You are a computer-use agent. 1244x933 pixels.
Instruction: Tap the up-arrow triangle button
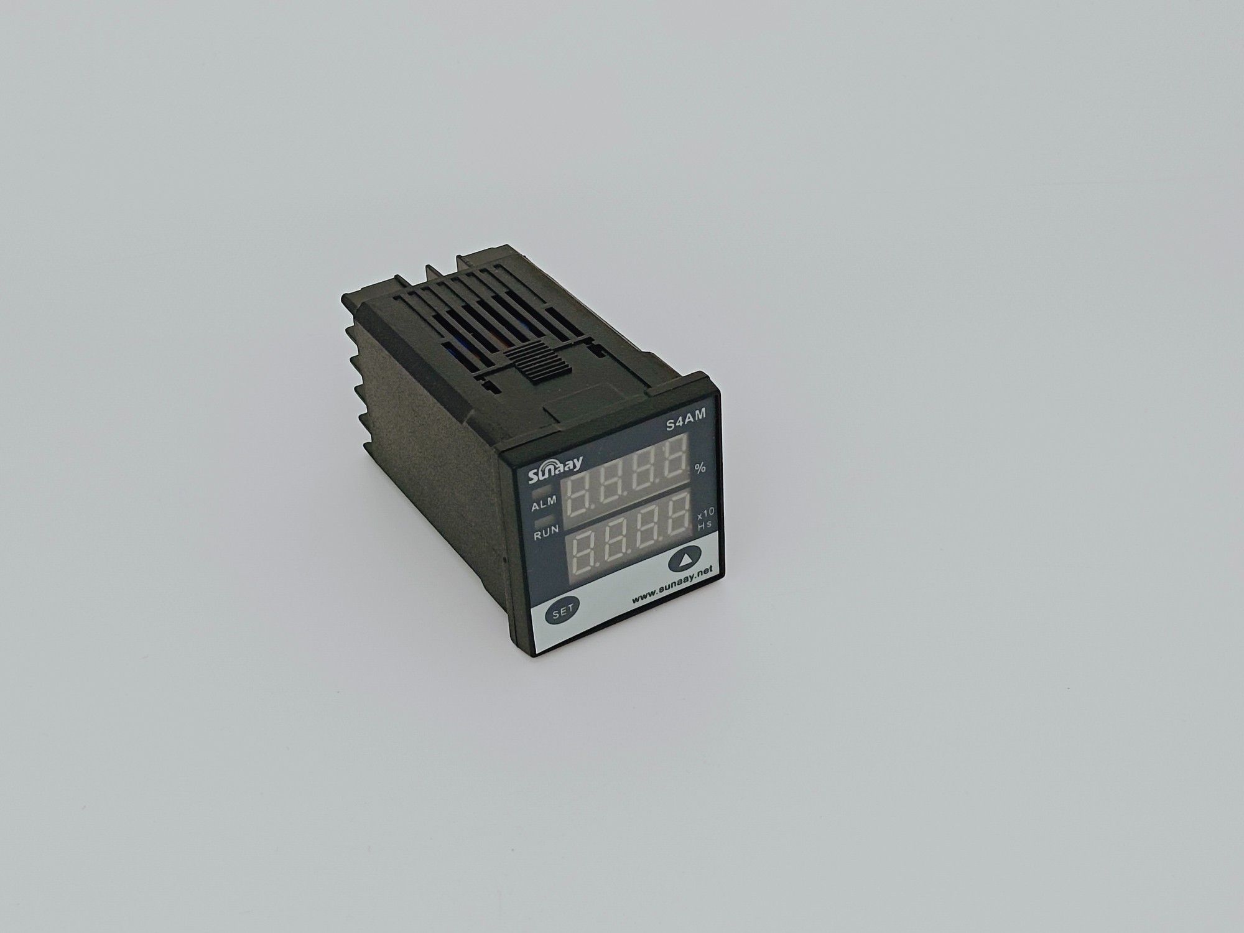point(683,559)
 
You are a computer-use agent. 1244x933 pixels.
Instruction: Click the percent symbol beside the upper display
point(700,468)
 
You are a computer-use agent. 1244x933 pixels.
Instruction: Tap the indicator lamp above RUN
point(542,520)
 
